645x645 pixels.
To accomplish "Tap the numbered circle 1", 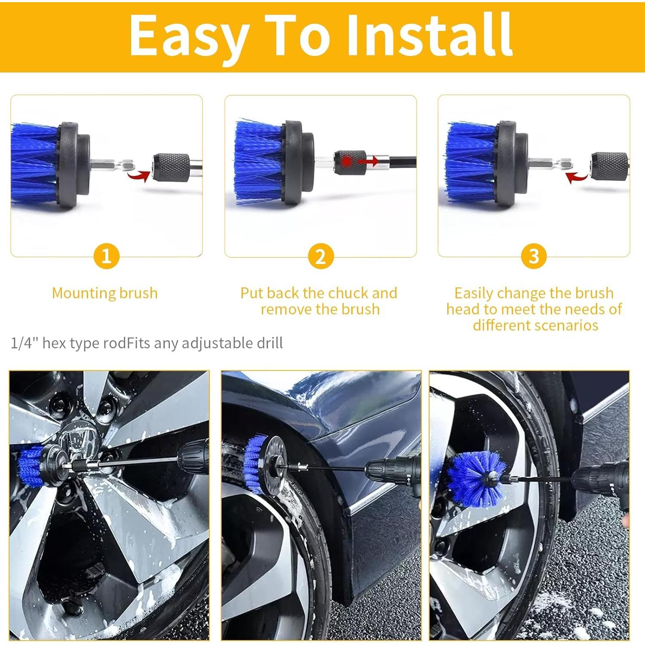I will pyautogui.click(x=106, y=256).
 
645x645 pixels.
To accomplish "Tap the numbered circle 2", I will pyautogui.click(x=320, y=257).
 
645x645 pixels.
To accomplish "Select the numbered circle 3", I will pyautogui.click(x=534, y=257).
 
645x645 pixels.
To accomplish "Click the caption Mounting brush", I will pyautogui.click(x=105, y=293).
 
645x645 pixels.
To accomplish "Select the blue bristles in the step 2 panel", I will pyautogui.click(x=258, y=163).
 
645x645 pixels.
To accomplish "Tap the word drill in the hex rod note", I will pyautogui.click(x=270, y=343).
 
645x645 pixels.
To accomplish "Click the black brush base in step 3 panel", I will pyautogui.click(x=512, y=163).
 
